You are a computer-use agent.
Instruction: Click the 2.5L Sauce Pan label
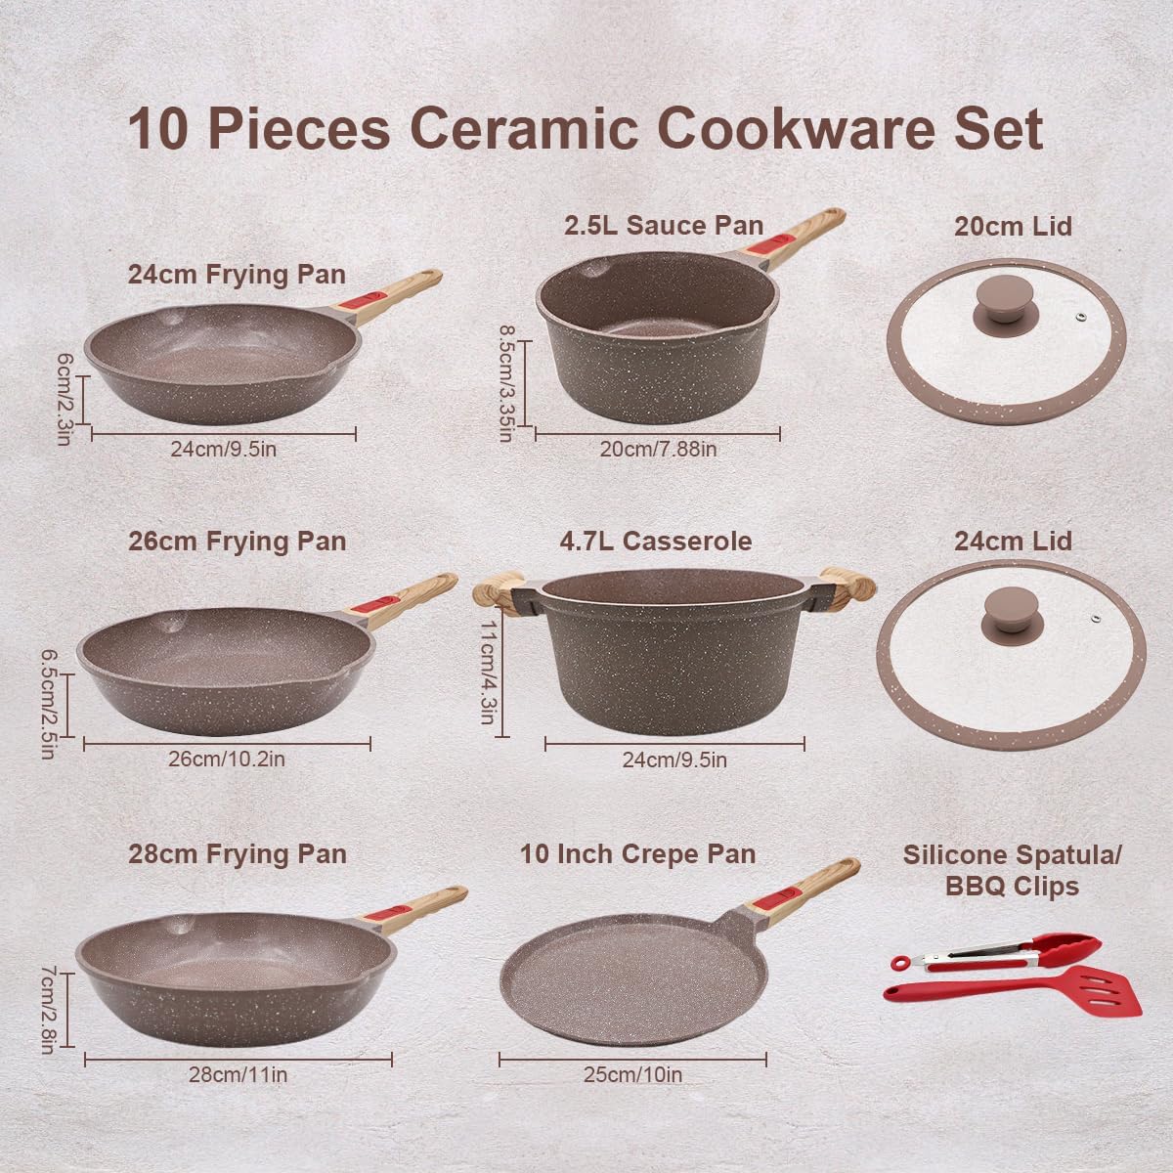coord(664,225)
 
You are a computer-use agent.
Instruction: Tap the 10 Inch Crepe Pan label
coord(638,853)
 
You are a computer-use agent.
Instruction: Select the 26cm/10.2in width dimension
coord(228,759)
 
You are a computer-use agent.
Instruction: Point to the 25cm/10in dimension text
coord(633,1075)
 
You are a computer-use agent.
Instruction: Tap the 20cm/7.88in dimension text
coord(658,450)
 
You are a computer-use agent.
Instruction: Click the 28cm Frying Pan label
coord(238,853)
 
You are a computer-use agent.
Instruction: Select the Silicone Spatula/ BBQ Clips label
coord(1012,869)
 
